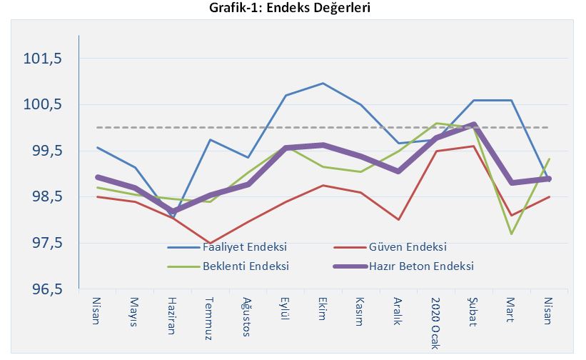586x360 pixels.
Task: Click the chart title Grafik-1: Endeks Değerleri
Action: (x=292, y=9)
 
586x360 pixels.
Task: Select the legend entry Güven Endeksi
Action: (x=408, y=247)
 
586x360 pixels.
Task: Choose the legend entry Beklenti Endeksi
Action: (x=246, y=266)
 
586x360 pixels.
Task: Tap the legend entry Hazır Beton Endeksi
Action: (x=421, y=266)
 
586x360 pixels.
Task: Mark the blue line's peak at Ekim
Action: (x=323, y=84)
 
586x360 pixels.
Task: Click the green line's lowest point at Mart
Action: (x=511, y=234)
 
